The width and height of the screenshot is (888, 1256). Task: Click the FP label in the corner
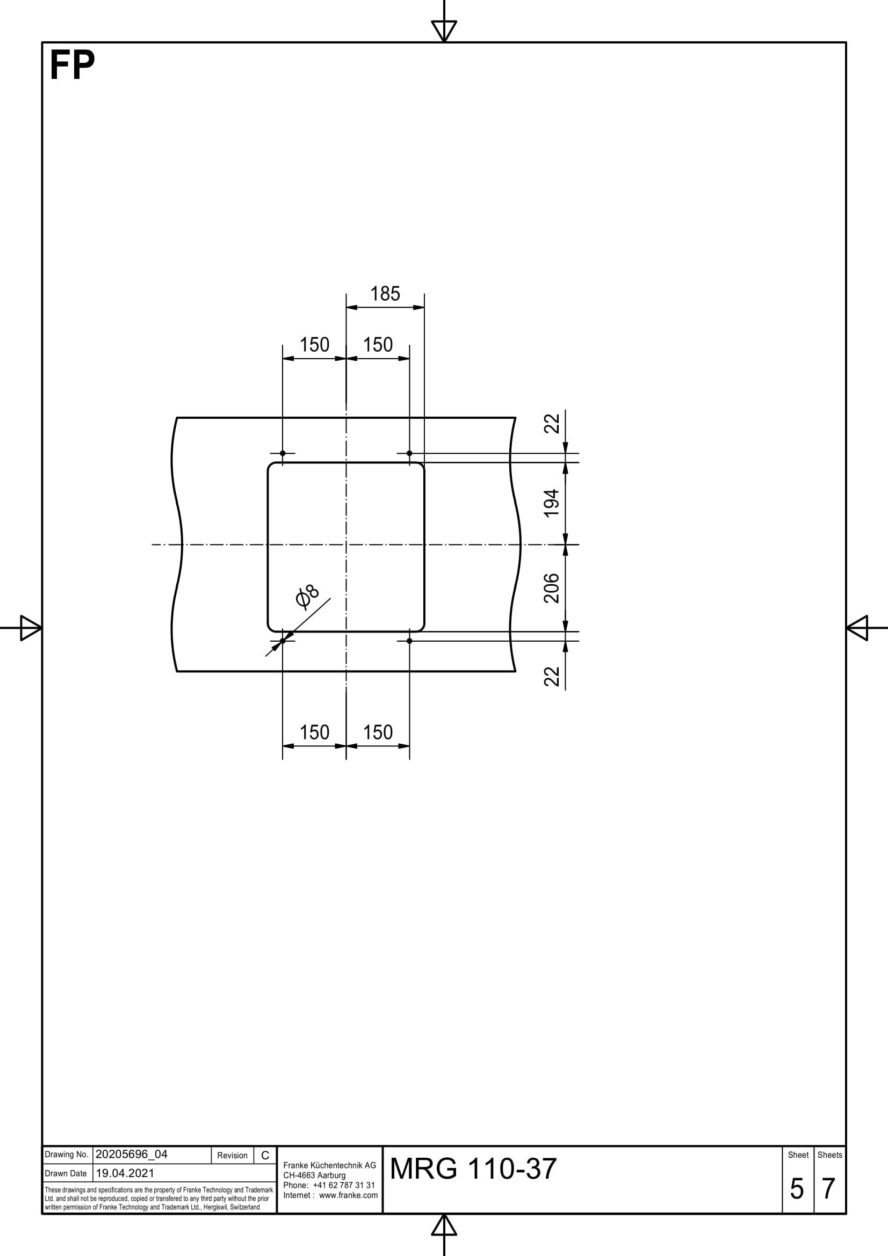point(71,66)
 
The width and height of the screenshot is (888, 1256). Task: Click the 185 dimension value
point(385,294)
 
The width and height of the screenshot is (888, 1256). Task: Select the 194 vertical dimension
point(552,503)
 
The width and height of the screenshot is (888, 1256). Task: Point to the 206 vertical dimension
point(552,588)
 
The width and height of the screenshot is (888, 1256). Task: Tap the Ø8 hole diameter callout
point(307,596)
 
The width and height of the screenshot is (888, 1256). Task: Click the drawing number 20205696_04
point(131,1155)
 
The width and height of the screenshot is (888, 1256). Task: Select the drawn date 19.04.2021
point(125,1173)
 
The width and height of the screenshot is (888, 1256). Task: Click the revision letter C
point(265,1156)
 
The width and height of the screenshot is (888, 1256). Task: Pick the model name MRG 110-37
point(473,1169)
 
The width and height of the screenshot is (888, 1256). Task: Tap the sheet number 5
point(797,1189)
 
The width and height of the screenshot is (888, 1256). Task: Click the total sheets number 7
point(828,1189)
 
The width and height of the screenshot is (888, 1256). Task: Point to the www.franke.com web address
point(348,1195)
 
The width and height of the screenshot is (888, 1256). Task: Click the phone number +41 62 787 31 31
point(344,1185)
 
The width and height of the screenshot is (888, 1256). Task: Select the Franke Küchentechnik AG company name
point(329,1165)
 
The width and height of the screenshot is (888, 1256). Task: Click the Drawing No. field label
point(66,1155)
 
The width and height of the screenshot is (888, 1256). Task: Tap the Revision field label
point(232,1156)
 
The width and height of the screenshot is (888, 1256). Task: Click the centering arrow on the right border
point(857,627)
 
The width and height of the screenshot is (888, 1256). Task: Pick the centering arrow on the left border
point(31,627)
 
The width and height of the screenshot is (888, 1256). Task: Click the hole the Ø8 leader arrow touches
point(283,641)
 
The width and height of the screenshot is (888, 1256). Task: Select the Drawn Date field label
point(66,1173)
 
